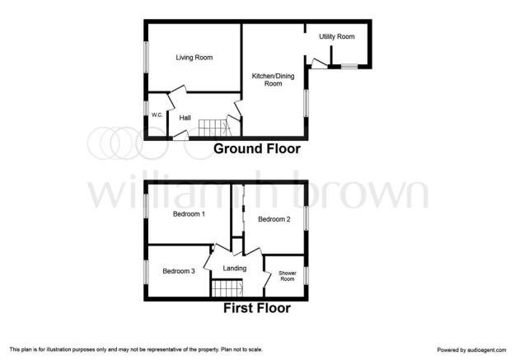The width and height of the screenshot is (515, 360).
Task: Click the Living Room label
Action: [194, 58]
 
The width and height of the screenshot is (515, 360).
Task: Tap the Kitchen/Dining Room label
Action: [273, 80]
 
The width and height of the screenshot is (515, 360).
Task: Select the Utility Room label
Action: [337, 36]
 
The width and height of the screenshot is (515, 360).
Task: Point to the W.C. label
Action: [157, 115]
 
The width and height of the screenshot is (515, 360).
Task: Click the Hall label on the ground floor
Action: [185, 118]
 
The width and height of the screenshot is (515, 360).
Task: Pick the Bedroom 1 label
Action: [189, 214]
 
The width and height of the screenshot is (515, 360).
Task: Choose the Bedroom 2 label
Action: [274, 219]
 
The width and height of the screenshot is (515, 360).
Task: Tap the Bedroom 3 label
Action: [179, 271]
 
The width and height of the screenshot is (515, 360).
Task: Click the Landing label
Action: [235, 269]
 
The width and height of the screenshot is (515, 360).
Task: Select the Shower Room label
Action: [288, 276]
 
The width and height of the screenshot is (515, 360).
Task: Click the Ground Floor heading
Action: [257, 149]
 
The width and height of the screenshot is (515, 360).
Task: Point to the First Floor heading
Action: [257, 308]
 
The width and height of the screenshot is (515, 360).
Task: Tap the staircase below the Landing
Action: [227, 288]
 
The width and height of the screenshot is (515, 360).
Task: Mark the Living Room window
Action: [146, 57]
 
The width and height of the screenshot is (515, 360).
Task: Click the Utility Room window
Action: [349, 67]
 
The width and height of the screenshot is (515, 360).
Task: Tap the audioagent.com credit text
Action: [471, 350]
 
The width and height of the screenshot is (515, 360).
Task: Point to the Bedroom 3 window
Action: [146, 272]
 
